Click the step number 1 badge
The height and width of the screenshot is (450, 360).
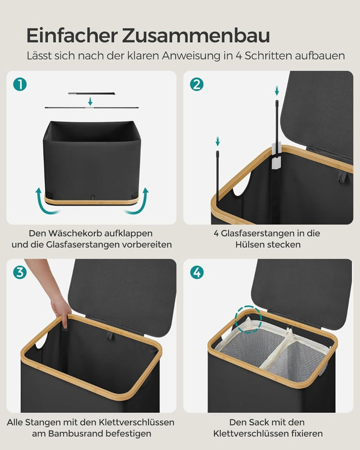(20, 84)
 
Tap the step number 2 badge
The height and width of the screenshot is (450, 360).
(197, 84)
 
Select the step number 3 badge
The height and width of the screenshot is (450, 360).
(20, 273)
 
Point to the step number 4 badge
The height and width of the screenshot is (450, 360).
(197, 273)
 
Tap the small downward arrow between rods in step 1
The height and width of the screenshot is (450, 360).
(90, 101)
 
